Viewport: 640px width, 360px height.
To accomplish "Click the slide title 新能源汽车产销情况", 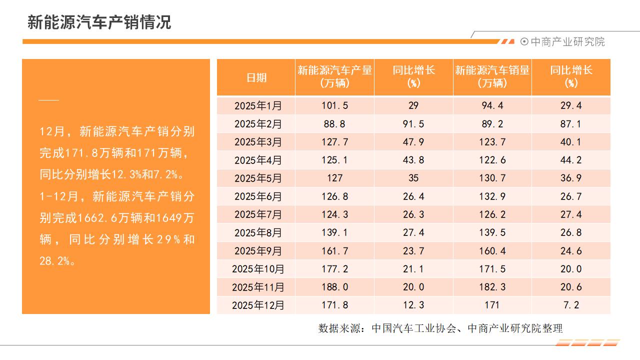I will point(99,22).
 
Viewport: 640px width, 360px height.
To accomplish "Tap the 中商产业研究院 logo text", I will point(567,42).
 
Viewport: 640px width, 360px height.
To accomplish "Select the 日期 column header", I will point(256,77).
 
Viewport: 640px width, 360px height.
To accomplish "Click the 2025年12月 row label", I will point(258,305).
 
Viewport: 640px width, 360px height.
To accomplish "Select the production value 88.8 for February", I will point(334,124).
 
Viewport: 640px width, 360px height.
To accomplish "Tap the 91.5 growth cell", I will point(413,124).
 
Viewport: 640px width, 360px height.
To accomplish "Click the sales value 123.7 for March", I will point(492,142).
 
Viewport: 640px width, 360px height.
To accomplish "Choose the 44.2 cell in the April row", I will point(570,160).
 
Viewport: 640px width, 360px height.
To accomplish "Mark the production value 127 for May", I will point(334,178).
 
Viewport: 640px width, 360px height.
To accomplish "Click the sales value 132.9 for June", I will point(492,196).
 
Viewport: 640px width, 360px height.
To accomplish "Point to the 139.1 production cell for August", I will point(334,232).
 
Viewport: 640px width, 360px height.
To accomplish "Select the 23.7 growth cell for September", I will point(413,250).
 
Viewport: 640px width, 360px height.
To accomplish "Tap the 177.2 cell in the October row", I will point(334,269).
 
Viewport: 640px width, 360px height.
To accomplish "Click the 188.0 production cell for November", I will point(334,287).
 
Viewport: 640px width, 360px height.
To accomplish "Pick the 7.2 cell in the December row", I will point(570,305).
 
